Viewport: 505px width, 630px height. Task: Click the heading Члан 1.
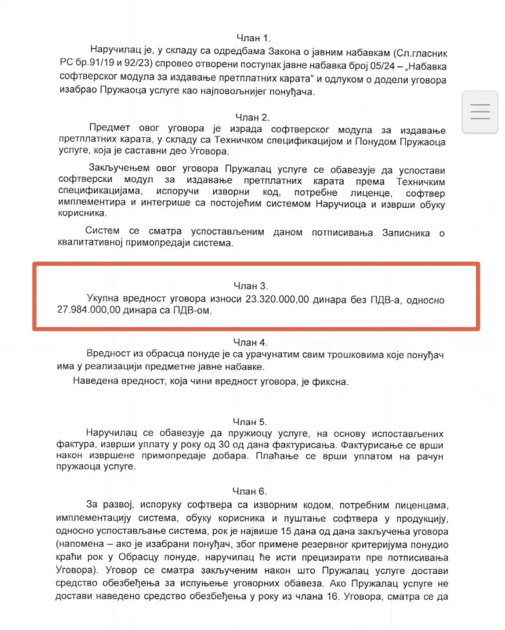coord(253,38)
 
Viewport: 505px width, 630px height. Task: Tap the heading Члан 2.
coord(253,117)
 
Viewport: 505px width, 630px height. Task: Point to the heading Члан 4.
coord(250,341)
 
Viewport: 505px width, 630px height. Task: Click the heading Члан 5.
coord(250,421)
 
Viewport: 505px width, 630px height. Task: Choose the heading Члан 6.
coord(250,491)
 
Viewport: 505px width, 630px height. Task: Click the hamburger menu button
coord(480,111)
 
